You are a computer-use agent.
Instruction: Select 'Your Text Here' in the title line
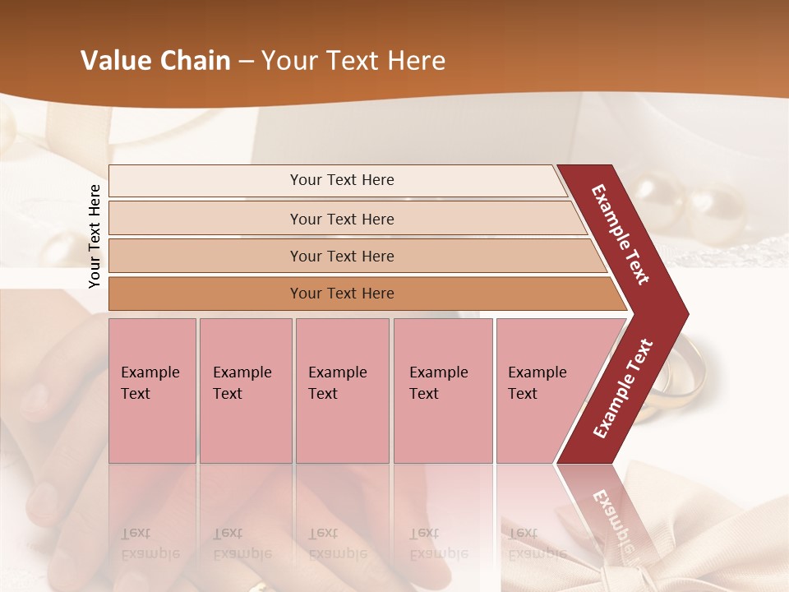(x=353, y=61)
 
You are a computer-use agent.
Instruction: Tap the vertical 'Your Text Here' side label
(x=95, y=236)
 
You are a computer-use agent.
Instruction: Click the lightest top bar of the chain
(x=342, y=180)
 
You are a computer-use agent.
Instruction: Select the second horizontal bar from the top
(x=342, y=219)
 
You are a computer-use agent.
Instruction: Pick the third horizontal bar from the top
(x=342, y=256)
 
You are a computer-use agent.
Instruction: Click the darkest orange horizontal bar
(x=342, y=294)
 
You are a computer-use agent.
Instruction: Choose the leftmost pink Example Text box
(x=152, y=391)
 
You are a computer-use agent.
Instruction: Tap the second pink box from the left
(x=245, y=391)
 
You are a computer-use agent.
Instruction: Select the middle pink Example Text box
(x=342, y=391)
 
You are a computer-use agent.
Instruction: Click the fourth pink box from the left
(x=443, y=391)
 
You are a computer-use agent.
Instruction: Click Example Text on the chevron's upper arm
(x=621, y=234)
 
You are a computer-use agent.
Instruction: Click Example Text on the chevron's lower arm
(x=622, y=389)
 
